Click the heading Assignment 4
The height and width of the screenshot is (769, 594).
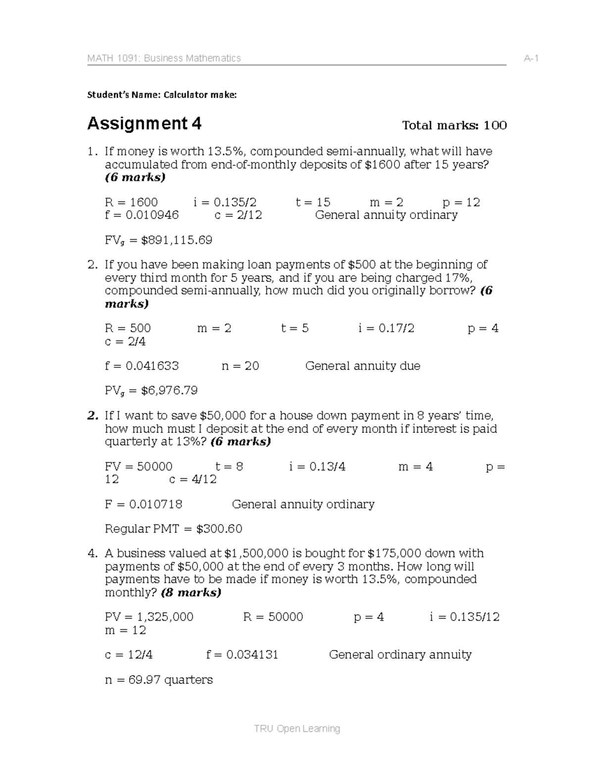click(x=144, y=123)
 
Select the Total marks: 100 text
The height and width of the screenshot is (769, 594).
click(x=454, y=125)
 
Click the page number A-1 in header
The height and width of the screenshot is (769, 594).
click(x=531, y=58)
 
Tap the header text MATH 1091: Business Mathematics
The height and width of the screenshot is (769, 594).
click(x=164, y=58)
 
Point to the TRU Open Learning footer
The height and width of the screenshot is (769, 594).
click(x=297, y=728)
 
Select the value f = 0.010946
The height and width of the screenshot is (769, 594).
click(x=142, y=215)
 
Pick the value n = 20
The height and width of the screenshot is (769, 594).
click(x=240, y=366)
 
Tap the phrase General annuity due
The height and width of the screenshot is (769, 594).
click(x=362, y=366)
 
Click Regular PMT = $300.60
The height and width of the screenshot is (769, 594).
click(x=173, y=529)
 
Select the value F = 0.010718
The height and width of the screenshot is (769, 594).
click(x=144, y=504)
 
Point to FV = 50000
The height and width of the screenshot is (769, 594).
click(x=139, y=466)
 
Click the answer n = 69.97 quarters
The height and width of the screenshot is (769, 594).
click(x=158, y=679)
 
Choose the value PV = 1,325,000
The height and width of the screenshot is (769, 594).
click(x=149, y=617)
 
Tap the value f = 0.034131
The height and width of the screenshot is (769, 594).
click(x=242, y=655)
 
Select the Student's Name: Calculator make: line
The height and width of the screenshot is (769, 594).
click(x=162, y=95)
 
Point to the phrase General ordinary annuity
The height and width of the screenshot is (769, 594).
click(x=400, y=655)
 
